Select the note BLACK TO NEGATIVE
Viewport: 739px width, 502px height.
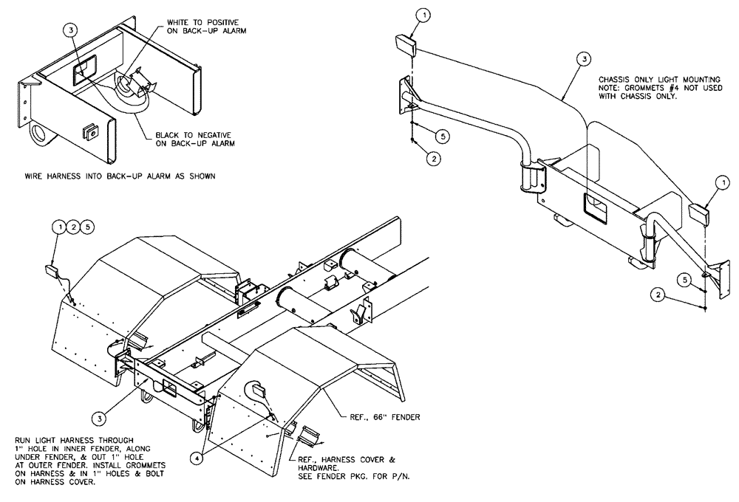click(194, 135)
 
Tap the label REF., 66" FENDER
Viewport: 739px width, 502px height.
click(386, 417)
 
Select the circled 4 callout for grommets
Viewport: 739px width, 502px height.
click(196, 457)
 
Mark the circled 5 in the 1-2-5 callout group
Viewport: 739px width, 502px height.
click(88, 227)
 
